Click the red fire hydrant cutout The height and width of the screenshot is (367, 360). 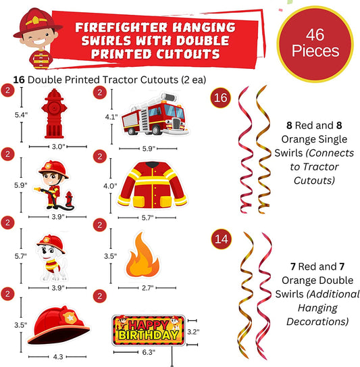(x=54, y=114)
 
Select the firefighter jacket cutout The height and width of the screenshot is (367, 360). (x=152, y=185)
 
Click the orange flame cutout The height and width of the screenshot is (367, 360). (x=143, y=254)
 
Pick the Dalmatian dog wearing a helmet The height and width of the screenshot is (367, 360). (x=51, y=258)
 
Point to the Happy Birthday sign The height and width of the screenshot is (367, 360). (x=149, y=331)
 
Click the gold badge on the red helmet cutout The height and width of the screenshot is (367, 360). (x=70, y=317)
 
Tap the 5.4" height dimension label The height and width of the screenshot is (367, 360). (x=21, y=115)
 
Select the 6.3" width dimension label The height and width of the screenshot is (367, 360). (x=149, y=352)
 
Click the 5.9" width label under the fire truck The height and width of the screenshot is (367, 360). (x=149, y=149)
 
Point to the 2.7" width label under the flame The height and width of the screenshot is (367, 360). (x=148, y=288)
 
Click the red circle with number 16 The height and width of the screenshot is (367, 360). (x=220, y=97)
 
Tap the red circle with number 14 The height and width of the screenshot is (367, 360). (x=222, y=239)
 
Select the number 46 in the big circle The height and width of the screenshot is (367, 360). (x=315, y=34)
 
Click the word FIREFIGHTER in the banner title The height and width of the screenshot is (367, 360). (x=121, y=28)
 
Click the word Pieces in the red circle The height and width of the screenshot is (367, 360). (x=315, y=51)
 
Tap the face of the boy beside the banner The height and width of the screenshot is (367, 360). (x=39, y=37)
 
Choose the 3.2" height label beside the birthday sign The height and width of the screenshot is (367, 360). (x=193, y=332)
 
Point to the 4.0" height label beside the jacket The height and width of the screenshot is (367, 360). (x=110, y=186)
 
